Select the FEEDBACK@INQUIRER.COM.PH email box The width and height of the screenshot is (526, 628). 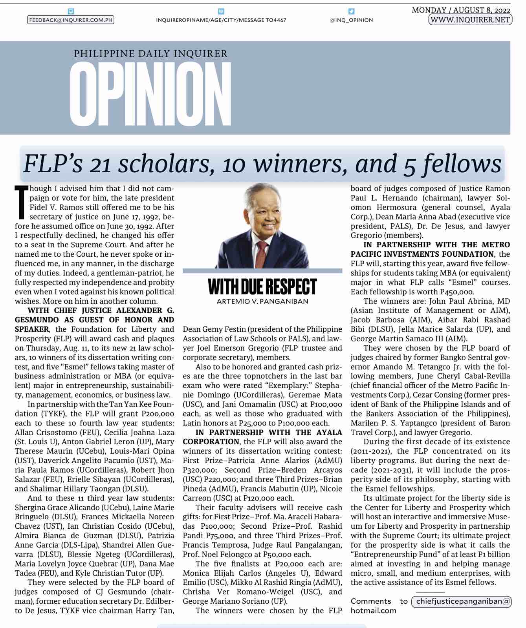[71, 20]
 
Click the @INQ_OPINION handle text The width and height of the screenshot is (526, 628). [351, 20]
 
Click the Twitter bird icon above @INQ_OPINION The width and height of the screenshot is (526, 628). [351, 12]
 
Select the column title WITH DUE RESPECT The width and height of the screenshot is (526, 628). [262, 287]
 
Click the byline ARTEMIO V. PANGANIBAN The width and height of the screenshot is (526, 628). [262, 301]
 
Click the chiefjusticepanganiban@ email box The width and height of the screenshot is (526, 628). [461, 601]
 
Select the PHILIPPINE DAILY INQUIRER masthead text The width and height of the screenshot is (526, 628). [150, 53]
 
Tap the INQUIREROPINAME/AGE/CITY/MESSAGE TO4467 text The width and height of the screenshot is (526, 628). [221, 20]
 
